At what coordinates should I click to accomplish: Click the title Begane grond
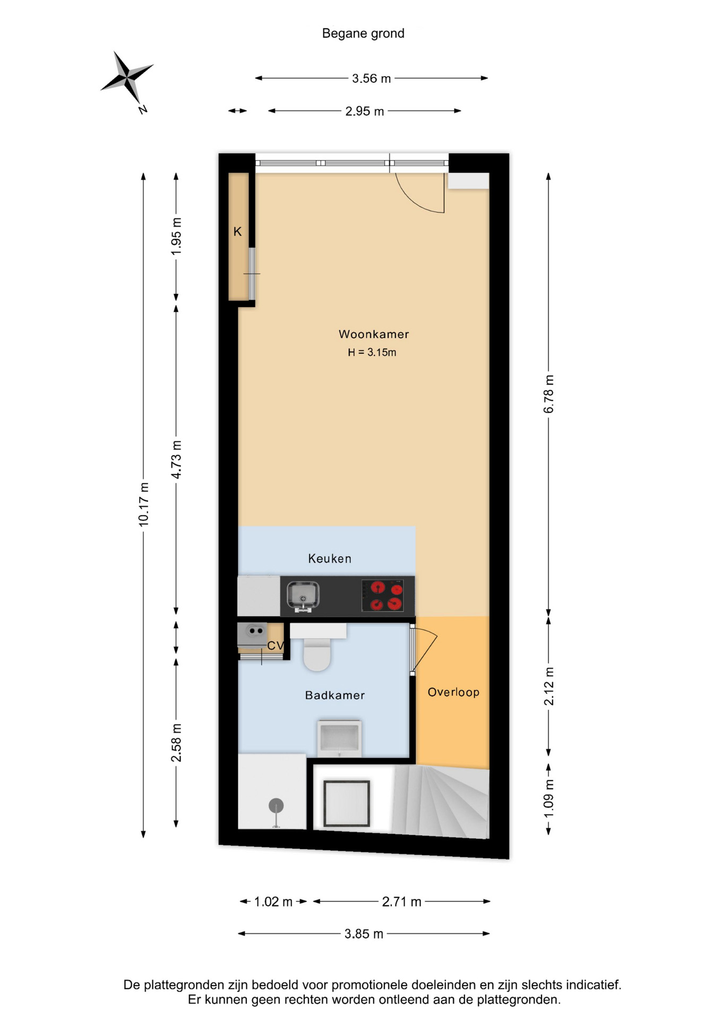point(363,33)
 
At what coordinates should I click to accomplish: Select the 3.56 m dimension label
point(371,79)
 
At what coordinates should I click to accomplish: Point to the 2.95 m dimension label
point(364,111)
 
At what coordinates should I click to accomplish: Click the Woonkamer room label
point(374,334)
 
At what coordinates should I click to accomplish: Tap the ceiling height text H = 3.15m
point(372,352)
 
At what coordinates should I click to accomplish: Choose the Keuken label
point(330,558)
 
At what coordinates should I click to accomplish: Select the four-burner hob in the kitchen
point(382,596)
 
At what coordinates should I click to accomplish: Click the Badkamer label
point(334,695)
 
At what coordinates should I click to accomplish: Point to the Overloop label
point(453,692)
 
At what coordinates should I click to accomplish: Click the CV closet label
point(276,645)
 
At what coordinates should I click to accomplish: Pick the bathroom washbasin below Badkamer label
point(339,738)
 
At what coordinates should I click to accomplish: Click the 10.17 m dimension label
point(143,505)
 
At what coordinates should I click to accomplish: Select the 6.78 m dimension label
point(548,394)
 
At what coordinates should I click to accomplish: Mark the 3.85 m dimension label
point(364,933)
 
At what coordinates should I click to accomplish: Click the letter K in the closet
point(238,232)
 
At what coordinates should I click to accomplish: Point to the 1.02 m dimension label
point(273,902)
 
